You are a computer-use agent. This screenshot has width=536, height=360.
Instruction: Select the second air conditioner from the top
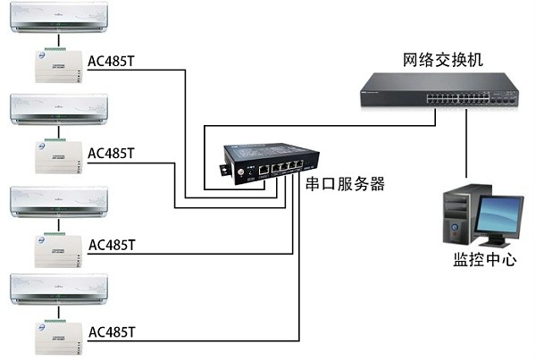58,109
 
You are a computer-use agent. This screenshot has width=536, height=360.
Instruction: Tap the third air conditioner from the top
58,201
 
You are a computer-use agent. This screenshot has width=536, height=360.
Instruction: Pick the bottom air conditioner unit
58,289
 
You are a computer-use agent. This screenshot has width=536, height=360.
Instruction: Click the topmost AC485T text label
112,62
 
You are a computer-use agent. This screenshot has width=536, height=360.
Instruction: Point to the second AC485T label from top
112,153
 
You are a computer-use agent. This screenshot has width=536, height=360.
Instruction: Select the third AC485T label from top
112,245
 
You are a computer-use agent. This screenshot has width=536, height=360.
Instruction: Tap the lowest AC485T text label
112,332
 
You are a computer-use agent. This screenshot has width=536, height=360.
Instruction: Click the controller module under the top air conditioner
59,65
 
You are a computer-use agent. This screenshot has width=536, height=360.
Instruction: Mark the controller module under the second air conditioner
59,156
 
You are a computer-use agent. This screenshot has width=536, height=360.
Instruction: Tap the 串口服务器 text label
345,185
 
